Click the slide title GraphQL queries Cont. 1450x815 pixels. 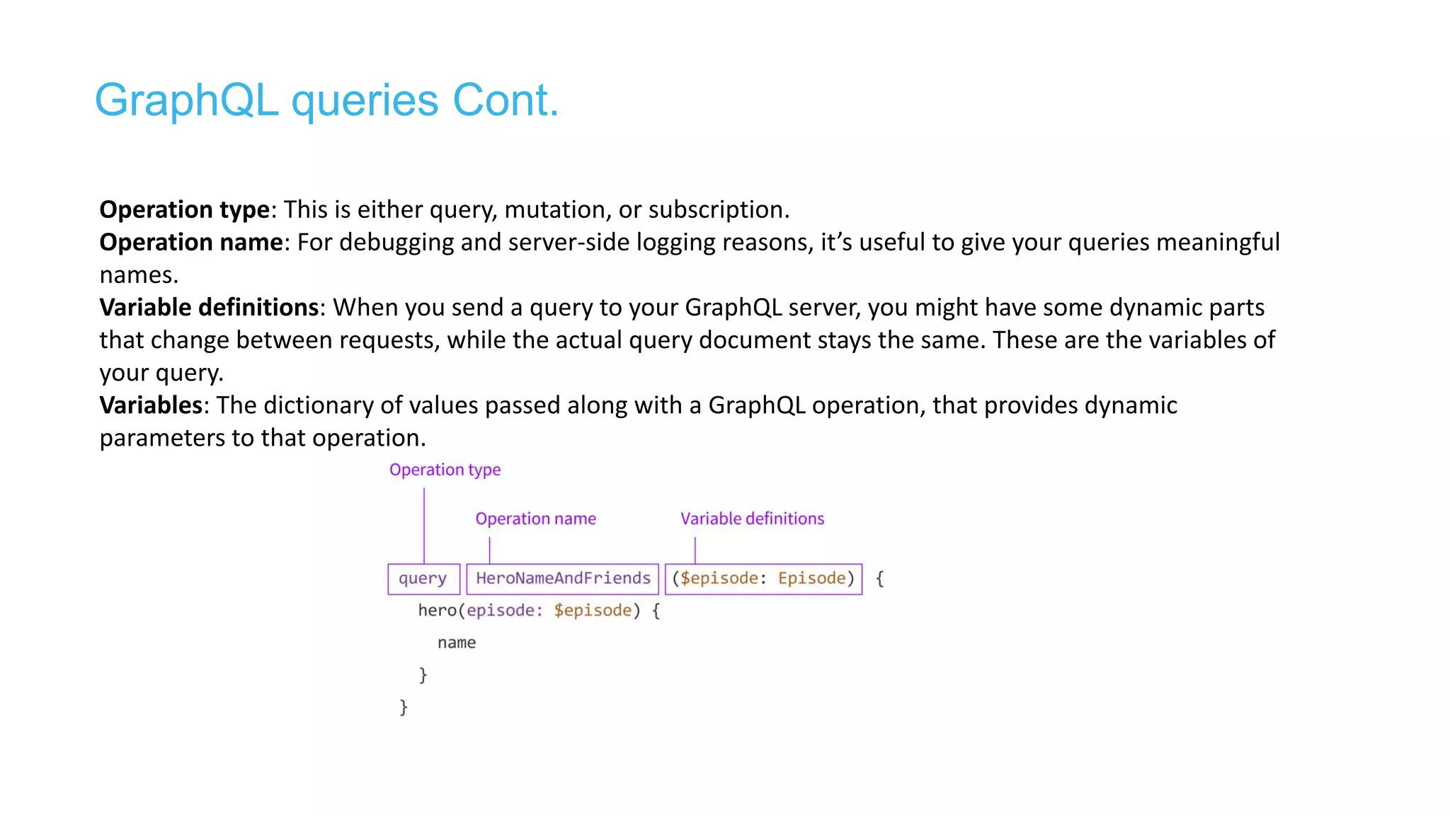326,100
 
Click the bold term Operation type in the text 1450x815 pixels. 184,210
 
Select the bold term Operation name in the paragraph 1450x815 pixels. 191,243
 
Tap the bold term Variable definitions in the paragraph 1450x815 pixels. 209,308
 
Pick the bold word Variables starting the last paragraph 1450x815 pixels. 151,405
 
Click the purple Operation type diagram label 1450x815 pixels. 445,470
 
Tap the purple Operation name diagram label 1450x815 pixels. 535,519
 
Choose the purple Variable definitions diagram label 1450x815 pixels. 752,519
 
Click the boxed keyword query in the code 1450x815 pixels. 423,579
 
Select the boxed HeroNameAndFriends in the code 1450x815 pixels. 563,579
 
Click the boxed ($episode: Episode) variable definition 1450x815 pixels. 763,579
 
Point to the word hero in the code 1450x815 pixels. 437,611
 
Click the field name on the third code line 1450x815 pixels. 457,643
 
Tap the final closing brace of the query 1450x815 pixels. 404,707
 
